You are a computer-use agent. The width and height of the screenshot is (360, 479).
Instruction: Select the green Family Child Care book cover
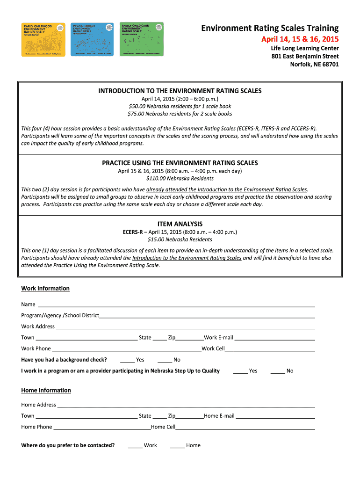[142, 39]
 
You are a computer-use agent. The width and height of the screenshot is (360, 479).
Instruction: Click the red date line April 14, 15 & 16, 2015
[300, 39]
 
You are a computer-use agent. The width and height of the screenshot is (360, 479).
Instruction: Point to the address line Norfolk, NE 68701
[315, 65]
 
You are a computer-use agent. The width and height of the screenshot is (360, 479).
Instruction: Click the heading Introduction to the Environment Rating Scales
[180, 91]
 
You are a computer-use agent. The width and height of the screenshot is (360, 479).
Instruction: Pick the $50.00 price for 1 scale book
[180, 106]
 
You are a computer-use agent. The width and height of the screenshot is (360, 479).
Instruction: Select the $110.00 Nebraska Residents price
[180, 178]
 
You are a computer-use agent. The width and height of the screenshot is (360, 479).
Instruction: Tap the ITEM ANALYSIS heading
[180, 224]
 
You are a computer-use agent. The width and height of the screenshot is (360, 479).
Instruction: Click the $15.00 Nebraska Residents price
[180, 239]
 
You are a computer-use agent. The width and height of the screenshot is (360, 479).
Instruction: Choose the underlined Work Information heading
[45, 289]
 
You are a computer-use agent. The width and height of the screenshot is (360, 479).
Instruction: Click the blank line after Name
[176, 305]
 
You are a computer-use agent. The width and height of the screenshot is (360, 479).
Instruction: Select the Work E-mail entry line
[274, 339]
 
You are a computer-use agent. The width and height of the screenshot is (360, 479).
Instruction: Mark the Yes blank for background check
[127, 361]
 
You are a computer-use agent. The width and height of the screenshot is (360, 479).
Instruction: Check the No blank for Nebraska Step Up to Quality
[278, 372]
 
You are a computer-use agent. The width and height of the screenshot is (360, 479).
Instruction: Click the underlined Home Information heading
[46, 391]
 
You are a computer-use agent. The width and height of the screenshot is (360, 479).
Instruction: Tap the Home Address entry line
[186, 406]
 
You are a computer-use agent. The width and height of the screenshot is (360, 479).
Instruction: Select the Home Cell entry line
[245, 428]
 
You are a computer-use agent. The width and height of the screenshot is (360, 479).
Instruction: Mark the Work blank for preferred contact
[135, 446]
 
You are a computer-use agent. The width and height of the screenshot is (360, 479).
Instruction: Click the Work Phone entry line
[126, 350]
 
